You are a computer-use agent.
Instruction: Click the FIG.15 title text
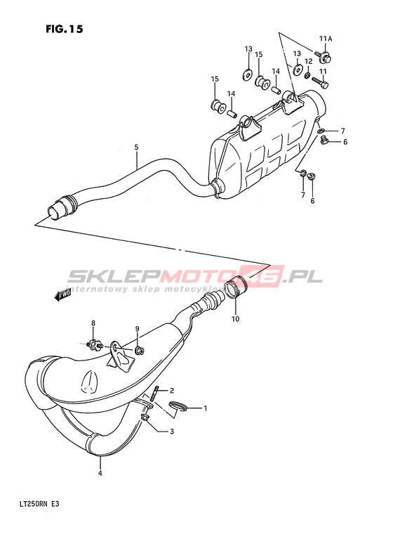point(65,29)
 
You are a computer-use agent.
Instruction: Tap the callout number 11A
point(325,39)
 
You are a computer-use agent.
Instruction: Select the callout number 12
point(308,62)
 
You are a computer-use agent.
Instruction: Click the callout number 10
point(235,319)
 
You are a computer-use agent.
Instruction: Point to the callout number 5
point(136,147)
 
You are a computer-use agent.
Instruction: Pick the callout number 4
point(100,473)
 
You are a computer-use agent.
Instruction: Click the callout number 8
point(93,323)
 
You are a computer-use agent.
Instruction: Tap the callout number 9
point(137,328)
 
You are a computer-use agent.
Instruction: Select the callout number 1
point(205,408)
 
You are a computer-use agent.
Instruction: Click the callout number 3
point(172,432)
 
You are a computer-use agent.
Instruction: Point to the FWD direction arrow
point(62,294)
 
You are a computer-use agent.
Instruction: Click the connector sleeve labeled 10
point(237,287)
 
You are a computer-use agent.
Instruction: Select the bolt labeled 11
point(320,82)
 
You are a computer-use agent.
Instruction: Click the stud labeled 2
point(156,394)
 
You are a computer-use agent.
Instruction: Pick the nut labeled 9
point(140,351)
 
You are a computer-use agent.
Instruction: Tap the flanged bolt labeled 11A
point(323,56)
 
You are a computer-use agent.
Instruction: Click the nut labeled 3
point(145,417)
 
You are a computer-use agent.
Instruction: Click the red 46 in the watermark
point(264,276)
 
